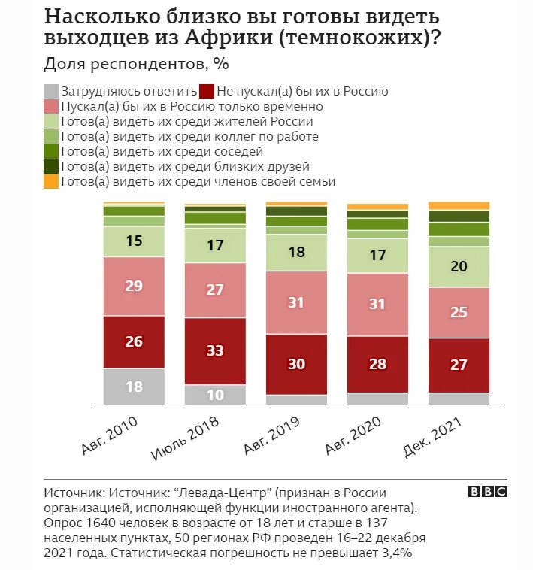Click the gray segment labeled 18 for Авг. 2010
click(134, 387)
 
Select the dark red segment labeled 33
click(215, 350)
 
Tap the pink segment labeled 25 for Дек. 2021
click(459, 312)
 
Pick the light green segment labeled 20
click(459, 266)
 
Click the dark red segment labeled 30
click(297, 364)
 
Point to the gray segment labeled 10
click(215, 395)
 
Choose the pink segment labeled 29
click(134, 286)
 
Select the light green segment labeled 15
click(134, 241)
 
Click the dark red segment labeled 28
click(377, 364)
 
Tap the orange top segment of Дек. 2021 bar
click(459, 205)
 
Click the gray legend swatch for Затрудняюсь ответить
click(51, 91)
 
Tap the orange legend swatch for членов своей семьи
click(51, 181)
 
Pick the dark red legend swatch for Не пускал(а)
click(207, 91)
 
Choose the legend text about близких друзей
click(185, 166)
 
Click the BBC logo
click(488, 491)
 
